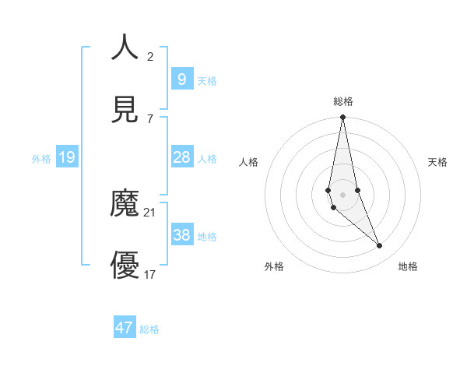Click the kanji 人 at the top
pyautogui.click(x=125, y=48)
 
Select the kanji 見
pyautogui.click(x=125, y=109)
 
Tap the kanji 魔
pyautogui.click(x=125, y=205)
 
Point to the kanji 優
pyautogui.click(x=125, y=266)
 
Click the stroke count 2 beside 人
pyautogui.click(x=150, y=56)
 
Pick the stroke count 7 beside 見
pyautogui.click(x=150, y=118)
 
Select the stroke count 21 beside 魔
pyautogui.click(x=150, y=212)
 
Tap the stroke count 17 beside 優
pyautogui.click(x=150, y=274)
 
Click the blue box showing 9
pyautogui.click(x=181, y=79)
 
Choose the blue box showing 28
pyautogui.click(x=181, y=157)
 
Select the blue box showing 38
pyautogui.click(x=181, y=234)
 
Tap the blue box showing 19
pyautogui.click(x=67, y=157)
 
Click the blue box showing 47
pyautogui.click(x=125, y=328)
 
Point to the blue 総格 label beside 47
pyautogui.click(x=149, y=329)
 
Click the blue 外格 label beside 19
pyautogui.click(x=41, y=159)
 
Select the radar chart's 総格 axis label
pyautogui.click(x=343, y=101)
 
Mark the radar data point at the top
pyautogui.click(x=343, y=118)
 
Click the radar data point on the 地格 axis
pyautogui.click(x=380, y=246)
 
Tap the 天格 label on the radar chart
pyautogui.click(x=437, y=162)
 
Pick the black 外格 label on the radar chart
pyautogui.click(x=274, y=266)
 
